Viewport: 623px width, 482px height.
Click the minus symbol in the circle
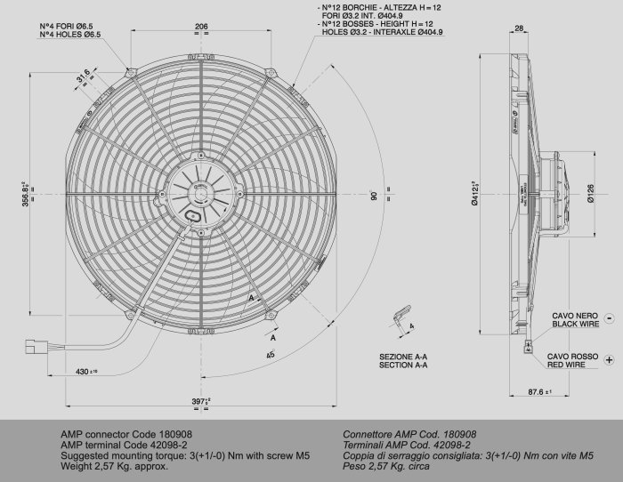pos(609,317)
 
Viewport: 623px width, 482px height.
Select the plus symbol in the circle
pos(609,358)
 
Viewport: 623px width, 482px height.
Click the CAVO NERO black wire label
pos(576,319)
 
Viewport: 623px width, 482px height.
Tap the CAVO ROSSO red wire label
pos(576,359)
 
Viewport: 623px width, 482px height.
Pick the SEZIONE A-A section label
pos(403,360)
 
